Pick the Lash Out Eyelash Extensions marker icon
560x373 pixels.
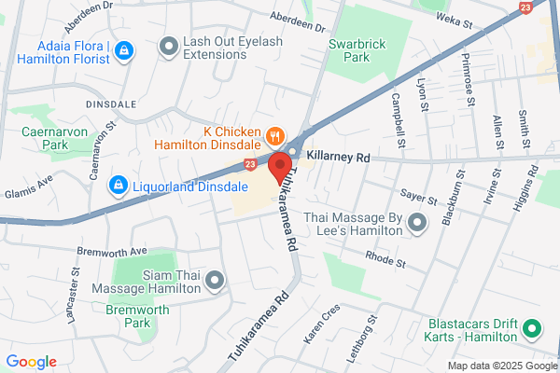[169, 45]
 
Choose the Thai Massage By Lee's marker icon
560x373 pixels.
[417, 222]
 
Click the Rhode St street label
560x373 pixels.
[385, 260]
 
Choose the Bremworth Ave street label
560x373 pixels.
[113, 252]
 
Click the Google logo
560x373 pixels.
[31, 362]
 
